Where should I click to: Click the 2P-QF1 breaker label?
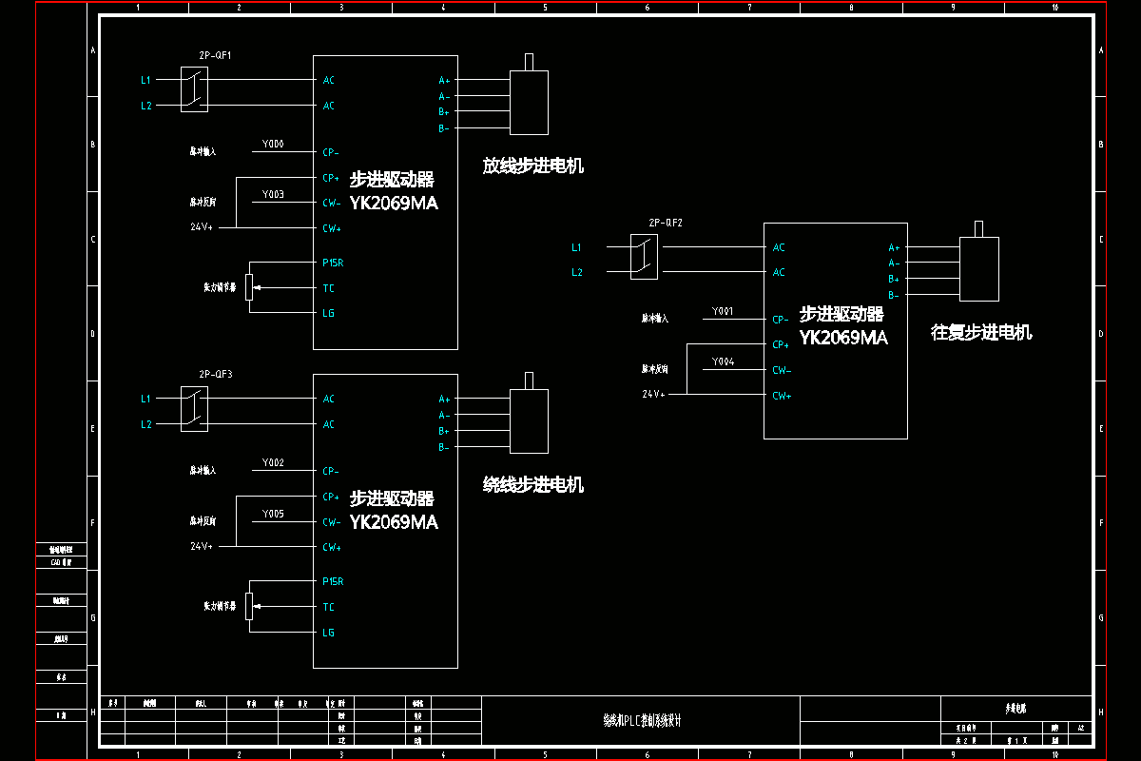[x=216, y=55]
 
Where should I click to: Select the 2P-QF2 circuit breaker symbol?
[x=644, y=258]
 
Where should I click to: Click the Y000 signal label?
[x=273, y=145]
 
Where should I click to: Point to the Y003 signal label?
[x=273, y=195]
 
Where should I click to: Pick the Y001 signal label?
[x=723, y=312]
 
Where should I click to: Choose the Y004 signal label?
[x=723, y=362]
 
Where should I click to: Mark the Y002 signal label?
[x=273, y=463]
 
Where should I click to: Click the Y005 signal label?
[x=273, y=514]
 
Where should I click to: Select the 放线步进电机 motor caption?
[x=532, y=166]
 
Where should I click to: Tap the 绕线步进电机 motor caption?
[x=532, y=485]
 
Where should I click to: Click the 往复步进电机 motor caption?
[x=981, y=333]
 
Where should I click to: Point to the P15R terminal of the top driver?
[x=333, y=263]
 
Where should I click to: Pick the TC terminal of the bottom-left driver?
[x=329, y=607]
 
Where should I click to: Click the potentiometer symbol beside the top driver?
[x=249, y=286]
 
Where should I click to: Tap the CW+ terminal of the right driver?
[x=782, y=396]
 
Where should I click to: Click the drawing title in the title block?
[x=642, y=721]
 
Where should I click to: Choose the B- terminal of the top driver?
[x=444, y=128]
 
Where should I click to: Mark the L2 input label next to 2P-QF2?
[x=576, y=273]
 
